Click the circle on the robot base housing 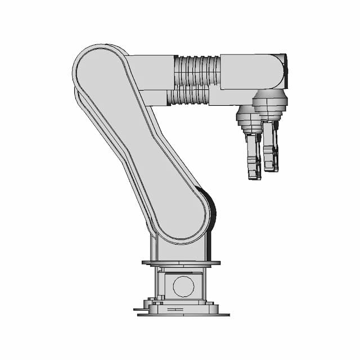tap(183, 286)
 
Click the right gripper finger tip tap(271, 166)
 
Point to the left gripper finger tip tap(254, 174)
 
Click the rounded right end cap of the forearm tap(281, 71)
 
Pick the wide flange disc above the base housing tap(181, 263)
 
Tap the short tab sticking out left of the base tap(138, 309)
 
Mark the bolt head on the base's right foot tap(211, 303)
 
